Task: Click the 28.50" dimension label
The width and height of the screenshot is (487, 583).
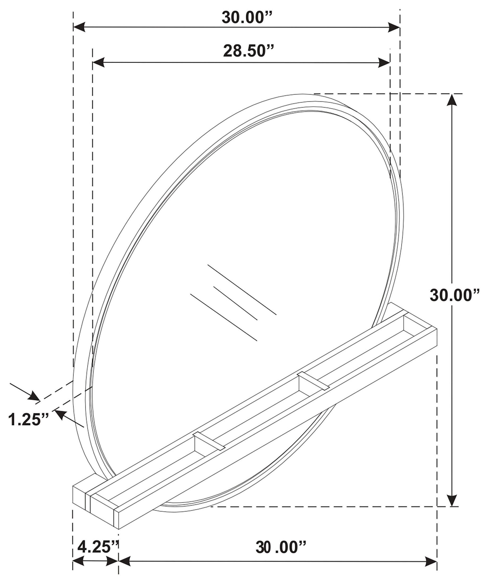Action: pos(248,51)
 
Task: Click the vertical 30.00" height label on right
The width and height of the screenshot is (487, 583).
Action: pos(455,295)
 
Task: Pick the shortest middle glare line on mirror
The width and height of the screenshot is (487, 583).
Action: pos(235,303)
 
